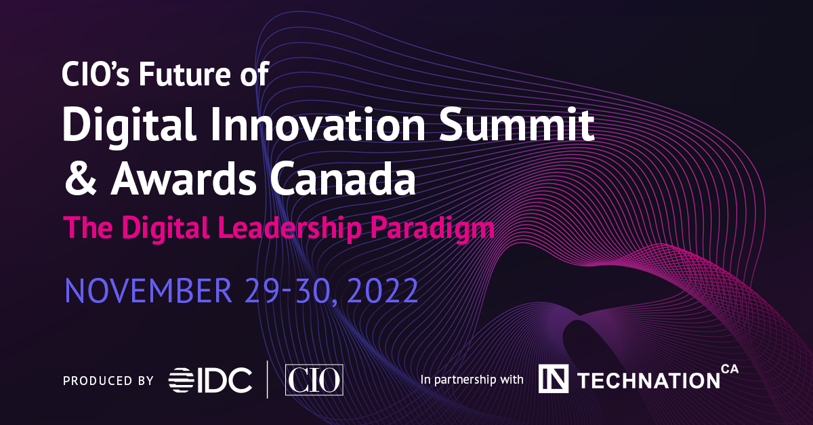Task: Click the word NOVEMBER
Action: pyautogui.click(x=148, y=289)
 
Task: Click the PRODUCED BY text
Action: pyautogui.click(x=108, y=380)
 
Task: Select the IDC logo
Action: pyautogui.click(x=211, y=380)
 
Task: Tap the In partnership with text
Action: pyautogui.click(x=472, y=380)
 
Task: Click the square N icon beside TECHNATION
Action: pyautogui.click(x=553, y=380)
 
